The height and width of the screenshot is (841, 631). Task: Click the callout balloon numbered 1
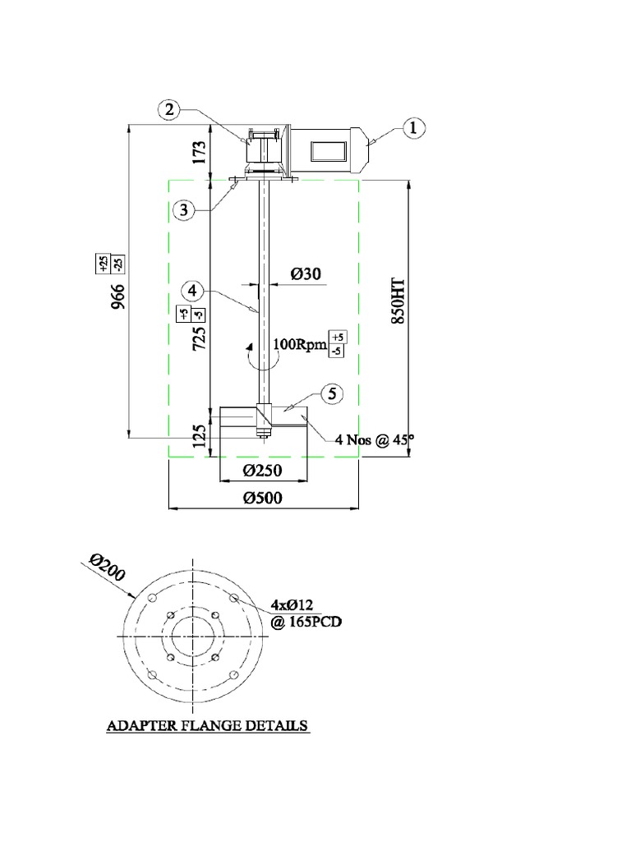click(x=413, y=127)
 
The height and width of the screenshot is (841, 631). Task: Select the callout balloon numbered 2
click(x=168, y=110)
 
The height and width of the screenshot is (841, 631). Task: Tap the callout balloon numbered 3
click(x=185, y=210)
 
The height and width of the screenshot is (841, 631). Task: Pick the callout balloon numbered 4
click(x=191, y=291)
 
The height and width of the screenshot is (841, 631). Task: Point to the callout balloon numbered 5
click(x=332, y=395)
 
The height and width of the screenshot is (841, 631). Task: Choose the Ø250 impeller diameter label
click(x=263, y=471)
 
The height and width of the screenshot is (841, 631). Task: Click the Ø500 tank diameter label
click(x=263, y=498)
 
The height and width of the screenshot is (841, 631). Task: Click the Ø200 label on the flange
click(x=108, y=569)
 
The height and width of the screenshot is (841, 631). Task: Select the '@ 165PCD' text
click(x=306, y=622)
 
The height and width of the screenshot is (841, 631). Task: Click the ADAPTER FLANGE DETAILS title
click(x=208, y=726)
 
